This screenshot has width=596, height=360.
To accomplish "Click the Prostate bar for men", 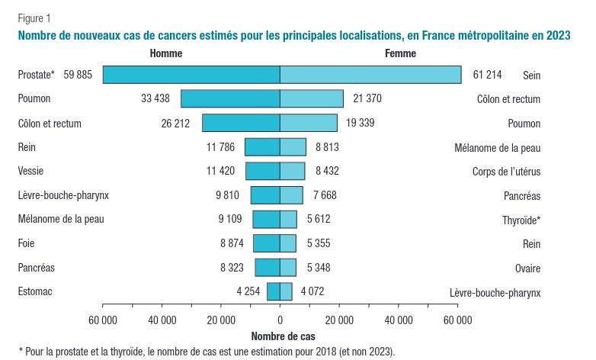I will click(191, 75).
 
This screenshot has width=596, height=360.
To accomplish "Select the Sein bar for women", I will click(370, 75).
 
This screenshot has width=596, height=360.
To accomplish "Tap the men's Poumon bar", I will click(230, 98).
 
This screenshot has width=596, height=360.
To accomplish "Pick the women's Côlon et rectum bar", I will click(312, 98).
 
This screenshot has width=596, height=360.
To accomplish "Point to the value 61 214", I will click(488, 75).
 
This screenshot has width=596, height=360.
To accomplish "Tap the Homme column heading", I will click(166, 53).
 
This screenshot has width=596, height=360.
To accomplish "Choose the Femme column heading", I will click(401, 53).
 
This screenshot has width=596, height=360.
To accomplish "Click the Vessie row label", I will click(31, 171).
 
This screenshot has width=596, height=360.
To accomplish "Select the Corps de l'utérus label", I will click(506, 172).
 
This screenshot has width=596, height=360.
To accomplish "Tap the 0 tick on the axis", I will click(280, 320).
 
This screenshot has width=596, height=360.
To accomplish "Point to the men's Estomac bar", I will click(273, 291).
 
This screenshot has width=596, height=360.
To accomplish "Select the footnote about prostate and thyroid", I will click(207, 352).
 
